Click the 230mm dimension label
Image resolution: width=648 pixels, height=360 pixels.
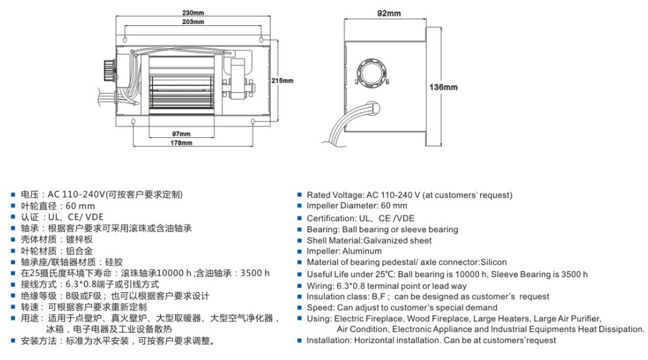192,12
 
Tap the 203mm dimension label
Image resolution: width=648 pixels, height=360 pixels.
192,22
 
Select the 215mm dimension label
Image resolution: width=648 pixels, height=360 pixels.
282,80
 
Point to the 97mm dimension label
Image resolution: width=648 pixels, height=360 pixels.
181,133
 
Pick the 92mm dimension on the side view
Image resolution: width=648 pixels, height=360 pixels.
389,13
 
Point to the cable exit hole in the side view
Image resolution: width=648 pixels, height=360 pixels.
369,109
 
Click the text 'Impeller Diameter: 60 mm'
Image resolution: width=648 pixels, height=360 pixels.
357,206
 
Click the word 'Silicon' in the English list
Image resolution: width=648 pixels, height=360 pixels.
494,262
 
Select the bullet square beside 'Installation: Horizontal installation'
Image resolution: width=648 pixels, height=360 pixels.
300,340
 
